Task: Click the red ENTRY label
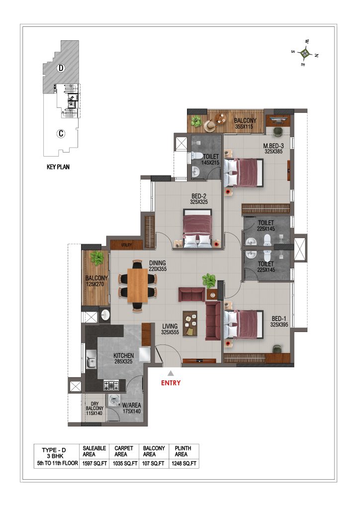click(x=171, y=383)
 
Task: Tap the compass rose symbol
click(x=304, y=52)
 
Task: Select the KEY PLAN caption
click(x=58, y=167)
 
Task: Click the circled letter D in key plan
click(x=61, y=68)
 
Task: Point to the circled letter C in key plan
click(x=61, y=133)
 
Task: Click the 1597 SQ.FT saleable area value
click(x=94, y=463)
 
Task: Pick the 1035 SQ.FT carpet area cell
click(x=125, y=463)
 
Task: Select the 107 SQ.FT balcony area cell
click(x=153, y=463)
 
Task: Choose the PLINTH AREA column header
click(x=183, y=451)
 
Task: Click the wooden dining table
click(x=138, y=286)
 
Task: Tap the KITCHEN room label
click(x=123, y=355)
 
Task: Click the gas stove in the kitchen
click(x=111, y=385)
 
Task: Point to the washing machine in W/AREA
click(x=113, y=401)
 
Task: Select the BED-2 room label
click(x=199, y=196)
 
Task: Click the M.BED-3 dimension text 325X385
click(x=273, y=151)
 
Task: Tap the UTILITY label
click(x=127, y=245)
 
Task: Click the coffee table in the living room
click(x=190, y=323)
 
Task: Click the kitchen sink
click(x=91, y=360)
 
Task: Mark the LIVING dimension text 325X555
click(x=170, y=332)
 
